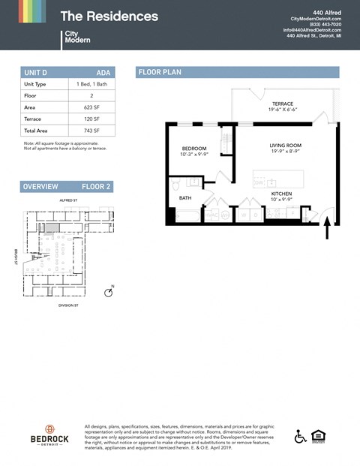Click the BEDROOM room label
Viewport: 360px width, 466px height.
[x=194, y=149]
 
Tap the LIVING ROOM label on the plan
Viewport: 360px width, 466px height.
[x=285, y=146]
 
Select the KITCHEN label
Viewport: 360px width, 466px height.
[x=281, y=194]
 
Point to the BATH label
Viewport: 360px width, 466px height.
[x=184, y=198]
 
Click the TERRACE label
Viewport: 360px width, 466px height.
[x=282, y=104]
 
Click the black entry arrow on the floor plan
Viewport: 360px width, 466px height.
[x=327, y=227]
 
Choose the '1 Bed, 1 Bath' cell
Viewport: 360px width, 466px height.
[x=89, y=85]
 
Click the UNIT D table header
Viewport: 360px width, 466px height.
[x=36, y=72]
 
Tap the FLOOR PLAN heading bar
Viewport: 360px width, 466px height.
[x=237, y=72]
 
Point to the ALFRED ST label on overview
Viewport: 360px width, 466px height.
[x=68, y=201]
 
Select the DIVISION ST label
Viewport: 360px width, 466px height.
[x=68, y=306]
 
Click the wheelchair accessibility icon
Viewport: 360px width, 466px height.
[x=300, y=437]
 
